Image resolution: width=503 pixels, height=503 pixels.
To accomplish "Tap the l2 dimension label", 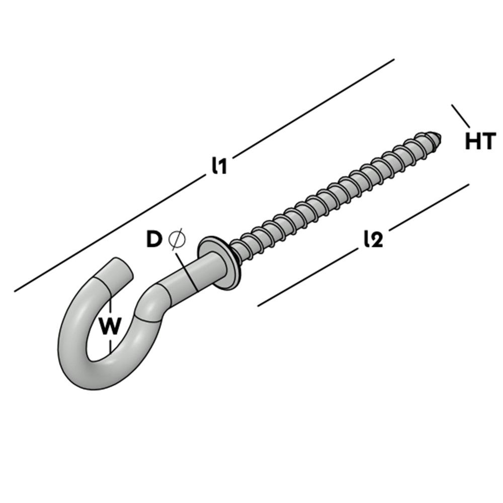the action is (x=374, y=239).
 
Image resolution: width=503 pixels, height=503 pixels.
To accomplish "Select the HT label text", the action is (x=480, y=141).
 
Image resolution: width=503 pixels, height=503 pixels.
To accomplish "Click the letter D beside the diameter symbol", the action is (x=153, y=239).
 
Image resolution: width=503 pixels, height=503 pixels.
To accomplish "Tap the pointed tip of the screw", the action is (x=440, y=137).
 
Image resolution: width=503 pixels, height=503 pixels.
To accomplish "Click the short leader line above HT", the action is (x=461, y=116).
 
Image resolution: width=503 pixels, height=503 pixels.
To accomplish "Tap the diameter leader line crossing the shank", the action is (x=186, y=272).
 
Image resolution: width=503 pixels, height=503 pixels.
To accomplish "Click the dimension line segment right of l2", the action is (x=429, y=207).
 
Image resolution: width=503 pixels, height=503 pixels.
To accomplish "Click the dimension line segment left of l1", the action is (x=110, y=233).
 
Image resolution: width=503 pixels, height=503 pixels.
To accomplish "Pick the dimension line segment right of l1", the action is (x=313, y=109).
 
